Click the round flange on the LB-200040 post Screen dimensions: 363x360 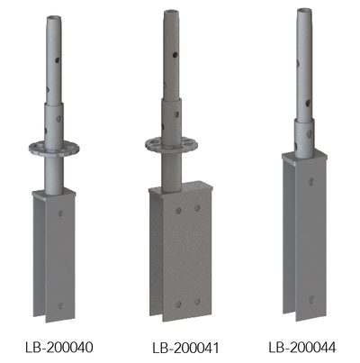(x=56, y=146)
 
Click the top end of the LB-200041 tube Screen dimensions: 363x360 (x=169, y=11)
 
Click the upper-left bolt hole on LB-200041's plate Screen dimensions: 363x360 (x=179, y=210)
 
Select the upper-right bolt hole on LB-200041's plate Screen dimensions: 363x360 (x=199, y=210)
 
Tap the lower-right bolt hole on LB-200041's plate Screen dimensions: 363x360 (x=198, y=302)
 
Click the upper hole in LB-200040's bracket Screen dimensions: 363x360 (x=60, y=215)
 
